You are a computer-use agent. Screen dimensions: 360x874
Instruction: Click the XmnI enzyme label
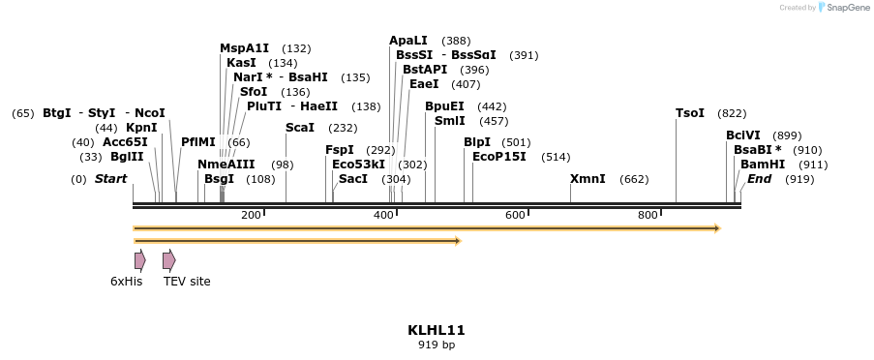[588, 179]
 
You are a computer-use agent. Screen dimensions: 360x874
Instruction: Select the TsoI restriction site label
[690, 113]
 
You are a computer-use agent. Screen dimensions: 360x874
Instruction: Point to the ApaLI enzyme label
[407, 41]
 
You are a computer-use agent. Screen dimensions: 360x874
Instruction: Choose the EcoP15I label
[498, 157]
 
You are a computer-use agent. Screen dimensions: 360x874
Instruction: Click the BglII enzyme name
[127, 157]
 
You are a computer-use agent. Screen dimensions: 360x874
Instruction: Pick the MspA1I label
[244, 48]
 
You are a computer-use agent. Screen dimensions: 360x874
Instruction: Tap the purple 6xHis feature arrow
[139, 259]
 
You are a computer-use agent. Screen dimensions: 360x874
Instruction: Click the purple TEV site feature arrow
[168, 259]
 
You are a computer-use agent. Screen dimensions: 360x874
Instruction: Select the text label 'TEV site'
[186, 282]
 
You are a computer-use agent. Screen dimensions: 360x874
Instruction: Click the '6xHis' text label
[126, 282]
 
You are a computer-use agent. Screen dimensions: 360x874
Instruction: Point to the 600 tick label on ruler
[515, 215]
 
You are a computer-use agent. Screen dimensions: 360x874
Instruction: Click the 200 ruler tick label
[251, 215]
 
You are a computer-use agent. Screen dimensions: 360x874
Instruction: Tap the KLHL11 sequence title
[437, 330]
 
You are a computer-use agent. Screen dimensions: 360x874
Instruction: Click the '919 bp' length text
[437, 345]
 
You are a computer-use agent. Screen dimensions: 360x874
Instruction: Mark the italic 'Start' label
[110, 179]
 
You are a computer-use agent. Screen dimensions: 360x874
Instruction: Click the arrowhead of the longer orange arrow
[716, 228]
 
